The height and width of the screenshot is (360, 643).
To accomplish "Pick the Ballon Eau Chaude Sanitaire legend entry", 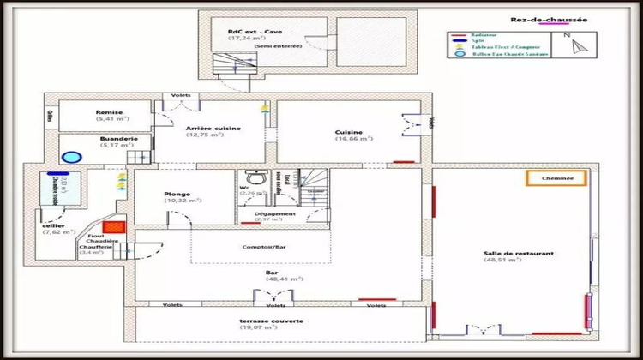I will click(496, 53).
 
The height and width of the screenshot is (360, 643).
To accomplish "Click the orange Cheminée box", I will click(556, 178).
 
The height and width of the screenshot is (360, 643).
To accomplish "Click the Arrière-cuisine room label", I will click(213, 129).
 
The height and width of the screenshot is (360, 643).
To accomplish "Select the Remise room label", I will click(109, 112).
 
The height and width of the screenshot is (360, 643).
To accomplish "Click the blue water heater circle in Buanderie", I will click(71, 158).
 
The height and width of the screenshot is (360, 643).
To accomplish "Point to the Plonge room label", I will click(177, 194).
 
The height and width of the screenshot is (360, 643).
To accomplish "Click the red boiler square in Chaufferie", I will click(118, 228).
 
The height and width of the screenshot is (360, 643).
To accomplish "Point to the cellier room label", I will click(52, 225).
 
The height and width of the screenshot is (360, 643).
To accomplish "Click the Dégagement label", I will click(275, 213).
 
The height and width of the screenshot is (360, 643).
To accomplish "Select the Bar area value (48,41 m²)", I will click(273, 279).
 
